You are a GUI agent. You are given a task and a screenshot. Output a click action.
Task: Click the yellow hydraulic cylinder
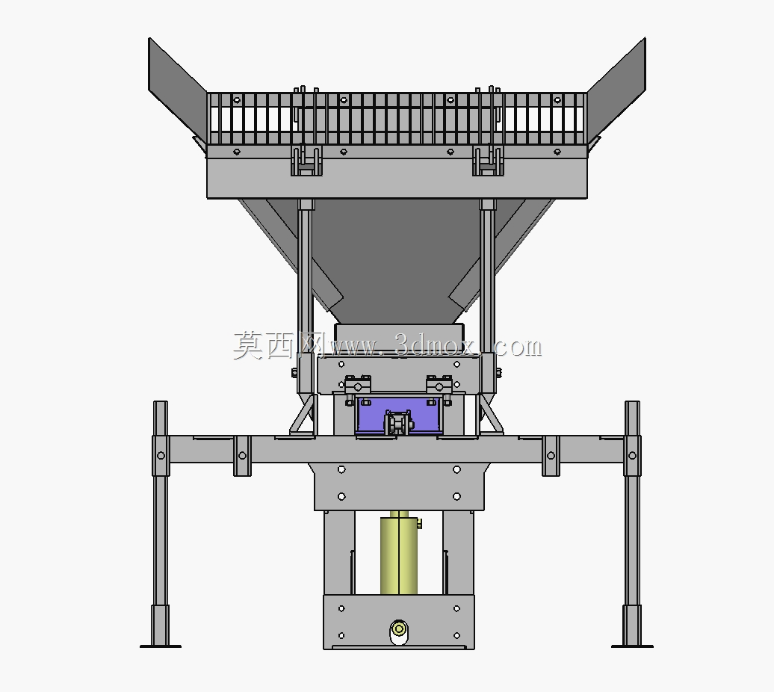tap(399, 553)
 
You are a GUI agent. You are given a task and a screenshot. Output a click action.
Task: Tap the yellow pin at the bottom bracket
tap(399, 629)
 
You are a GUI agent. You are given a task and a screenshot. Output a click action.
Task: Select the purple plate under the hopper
tap(398, 415)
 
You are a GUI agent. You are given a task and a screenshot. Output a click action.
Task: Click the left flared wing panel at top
tap(177, 89)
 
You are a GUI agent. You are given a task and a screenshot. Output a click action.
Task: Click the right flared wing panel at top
tap(617, 89)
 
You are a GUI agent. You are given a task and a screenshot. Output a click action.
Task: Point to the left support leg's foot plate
tap(161, 646)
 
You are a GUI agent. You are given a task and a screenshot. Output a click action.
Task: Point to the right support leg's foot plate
tap(632, 646)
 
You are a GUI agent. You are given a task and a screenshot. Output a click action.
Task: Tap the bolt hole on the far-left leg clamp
tap(161, 456)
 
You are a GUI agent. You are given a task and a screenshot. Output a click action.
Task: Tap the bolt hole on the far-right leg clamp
tap(632, 456)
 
